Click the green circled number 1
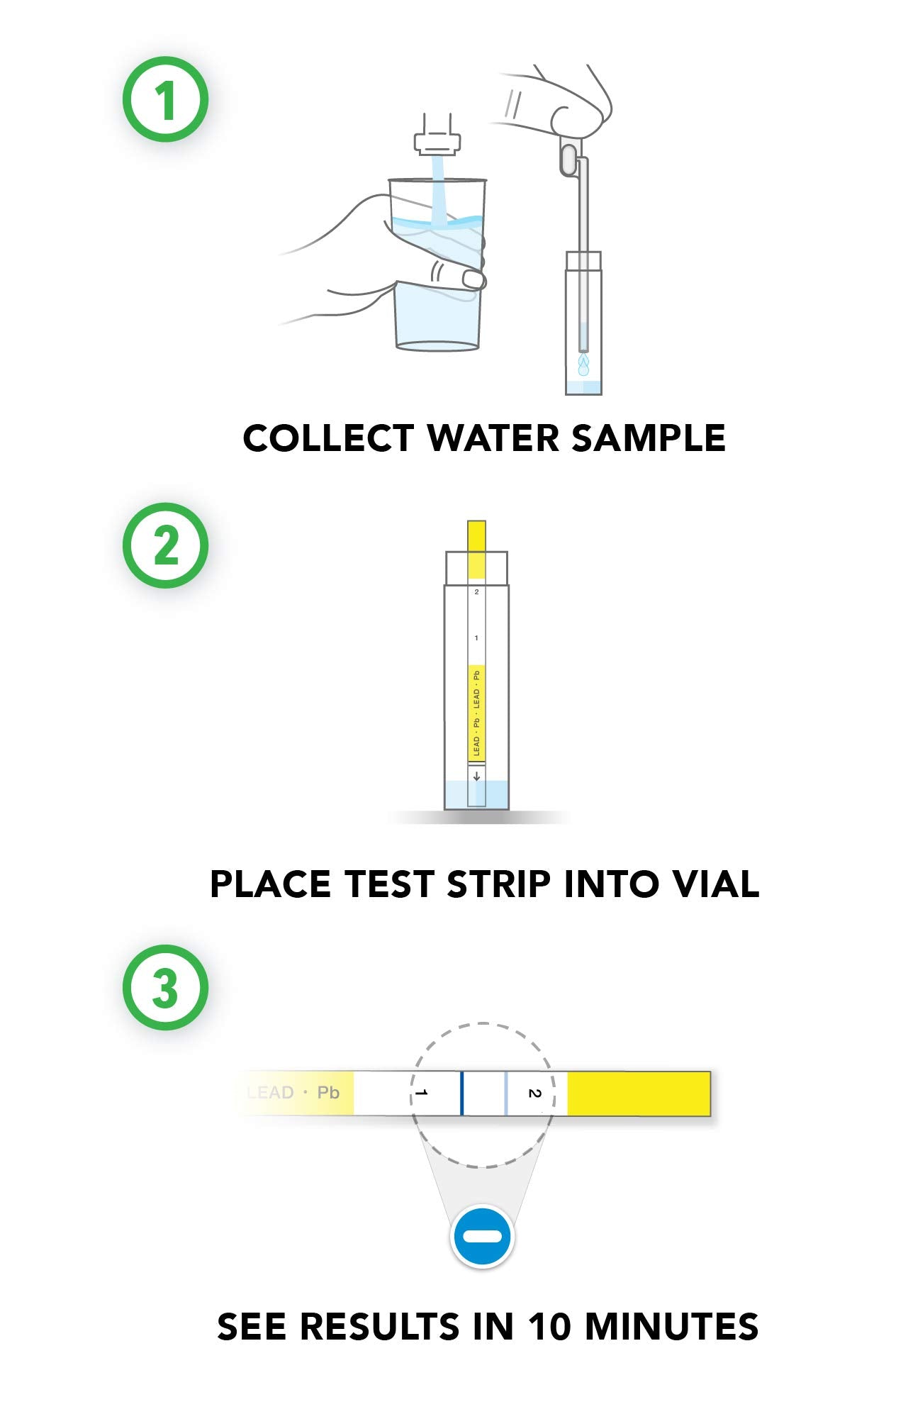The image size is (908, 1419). point(166,99)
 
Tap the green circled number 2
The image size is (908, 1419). point(166,545)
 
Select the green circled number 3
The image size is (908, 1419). point(166,987)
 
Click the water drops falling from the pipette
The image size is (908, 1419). point(583,365)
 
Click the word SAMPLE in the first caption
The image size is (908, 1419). point(649,438)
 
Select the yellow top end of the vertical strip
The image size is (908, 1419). point(476,549)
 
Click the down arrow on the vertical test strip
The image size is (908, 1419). point(476,776)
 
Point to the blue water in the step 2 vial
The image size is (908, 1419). point(476,795)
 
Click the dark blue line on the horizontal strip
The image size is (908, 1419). point(462,1093)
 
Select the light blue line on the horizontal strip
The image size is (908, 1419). point(506,1093)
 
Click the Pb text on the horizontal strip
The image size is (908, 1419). point(328,1092)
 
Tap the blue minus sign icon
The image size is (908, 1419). point(482,1237)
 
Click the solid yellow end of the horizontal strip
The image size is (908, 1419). point(639,1093)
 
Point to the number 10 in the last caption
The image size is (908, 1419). point(549,1327)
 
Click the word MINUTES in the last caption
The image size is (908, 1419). point(671,1327)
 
